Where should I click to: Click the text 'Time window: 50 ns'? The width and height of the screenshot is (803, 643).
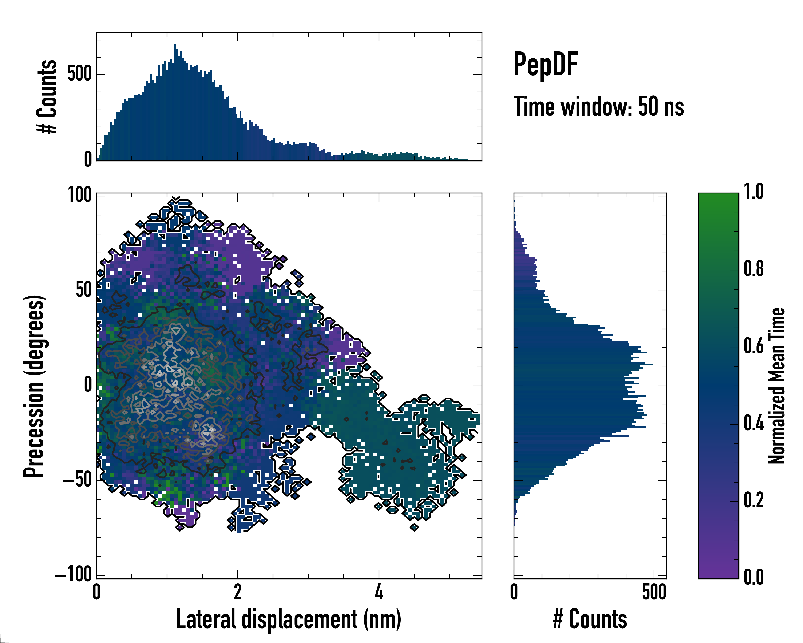(599, 107)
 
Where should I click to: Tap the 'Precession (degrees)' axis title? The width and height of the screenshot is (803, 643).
(34, 386)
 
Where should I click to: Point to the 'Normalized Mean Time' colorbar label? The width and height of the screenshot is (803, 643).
(776, 386)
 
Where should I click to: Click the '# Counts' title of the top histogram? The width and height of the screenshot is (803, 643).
(47, 96)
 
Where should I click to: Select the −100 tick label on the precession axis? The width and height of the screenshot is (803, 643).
(73, 574)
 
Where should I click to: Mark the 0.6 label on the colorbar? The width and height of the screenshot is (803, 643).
(753, 346)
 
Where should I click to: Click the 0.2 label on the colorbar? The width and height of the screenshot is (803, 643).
(753, 500)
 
